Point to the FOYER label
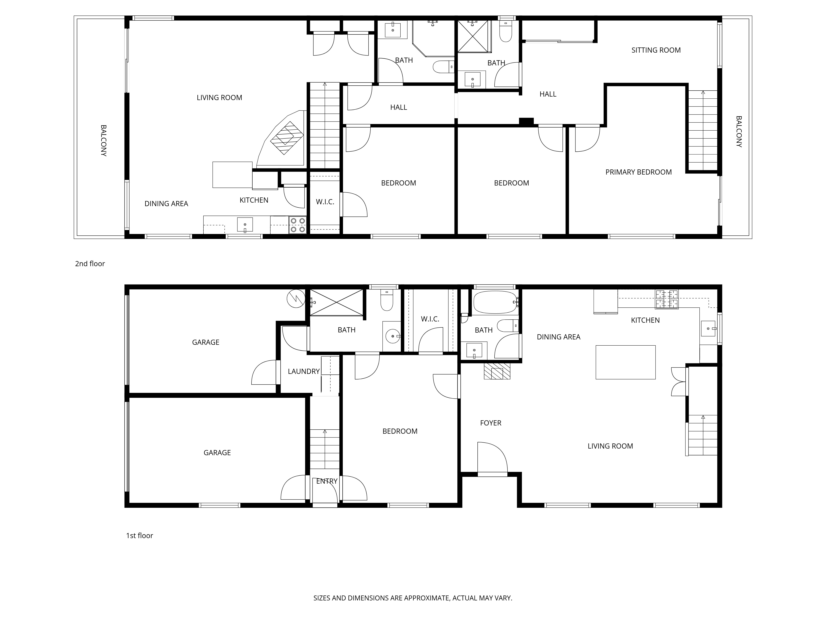coord(491,423)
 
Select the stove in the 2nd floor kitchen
coord(298,225)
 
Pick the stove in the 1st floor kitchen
coord(667,299)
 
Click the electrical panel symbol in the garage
coord(295,299)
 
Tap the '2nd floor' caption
coord(90,264)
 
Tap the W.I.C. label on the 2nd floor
coord(325,202)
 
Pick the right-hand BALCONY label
coord(739,132)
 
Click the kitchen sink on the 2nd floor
coord(245,225)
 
